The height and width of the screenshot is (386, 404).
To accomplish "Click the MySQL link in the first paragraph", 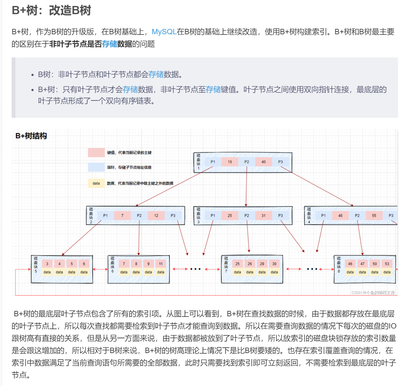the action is (164, 32).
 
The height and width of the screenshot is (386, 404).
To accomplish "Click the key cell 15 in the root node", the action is (230, 162).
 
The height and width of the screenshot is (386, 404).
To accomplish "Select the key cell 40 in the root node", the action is (263, 162).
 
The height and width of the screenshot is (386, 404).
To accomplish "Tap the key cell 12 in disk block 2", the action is (156, 216).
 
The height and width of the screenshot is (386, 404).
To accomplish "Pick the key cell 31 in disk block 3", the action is (263, 216).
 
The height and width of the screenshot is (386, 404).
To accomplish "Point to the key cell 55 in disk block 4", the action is (374, 216).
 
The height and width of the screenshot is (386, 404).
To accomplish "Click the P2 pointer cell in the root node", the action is (247, 162).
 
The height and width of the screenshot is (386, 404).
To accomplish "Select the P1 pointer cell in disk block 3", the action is (213, 216).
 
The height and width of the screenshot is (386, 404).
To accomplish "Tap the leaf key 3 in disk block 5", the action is (47, 264).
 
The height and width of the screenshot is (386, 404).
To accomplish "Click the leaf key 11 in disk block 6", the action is (161, 264).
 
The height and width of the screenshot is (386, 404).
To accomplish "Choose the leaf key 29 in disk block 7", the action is (262, 264).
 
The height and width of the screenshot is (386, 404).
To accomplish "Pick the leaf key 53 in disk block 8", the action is (387, 264).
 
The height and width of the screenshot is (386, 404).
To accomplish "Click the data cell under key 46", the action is (350, 272).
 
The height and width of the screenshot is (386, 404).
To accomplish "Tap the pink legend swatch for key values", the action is (96, 153).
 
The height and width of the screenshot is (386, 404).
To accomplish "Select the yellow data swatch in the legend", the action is (96, 183).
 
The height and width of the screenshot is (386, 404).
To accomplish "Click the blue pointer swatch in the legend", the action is (96, 167).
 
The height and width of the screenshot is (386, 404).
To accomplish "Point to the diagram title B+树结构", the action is (31, 136).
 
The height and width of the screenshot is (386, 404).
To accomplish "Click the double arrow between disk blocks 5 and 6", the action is (100, 269).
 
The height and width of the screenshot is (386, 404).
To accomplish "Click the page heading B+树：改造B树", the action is (51, 10).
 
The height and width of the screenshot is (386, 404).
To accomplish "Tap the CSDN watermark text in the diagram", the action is (373, 293).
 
